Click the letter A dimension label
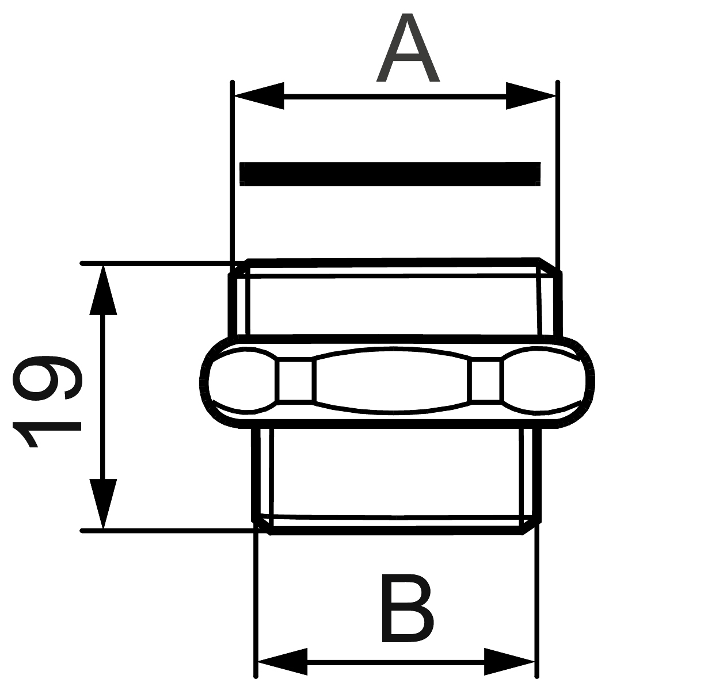click(x=408, y=47)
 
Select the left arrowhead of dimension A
click(x=259, y=96)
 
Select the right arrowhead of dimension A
click(x=531, y=96)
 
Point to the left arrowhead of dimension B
click(x=283, y=662)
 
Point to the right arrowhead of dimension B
click(x=509, y=662)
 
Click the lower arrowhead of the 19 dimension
click(x=103, y=504)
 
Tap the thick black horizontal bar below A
click(x=390, y=174)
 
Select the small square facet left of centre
click(x=295, y=381)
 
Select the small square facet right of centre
click(x=486, y=381)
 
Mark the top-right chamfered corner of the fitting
click(x=550, y=266)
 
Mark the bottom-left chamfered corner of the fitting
click(x=262, y=527)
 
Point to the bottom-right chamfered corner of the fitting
click(x=531, y=527)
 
